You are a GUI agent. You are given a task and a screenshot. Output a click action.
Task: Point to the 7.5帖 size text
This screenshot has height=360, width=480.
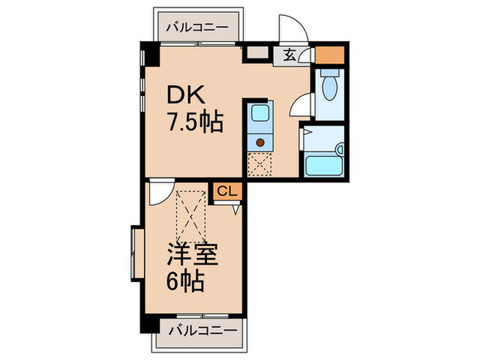(194, 123)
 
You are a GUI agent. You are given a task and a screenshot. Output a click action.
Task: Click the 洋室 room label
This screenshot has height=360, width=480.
(193, 254)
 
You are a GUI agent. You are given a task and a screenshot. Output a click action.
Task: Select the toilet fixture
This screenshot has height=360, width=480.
(329, 86)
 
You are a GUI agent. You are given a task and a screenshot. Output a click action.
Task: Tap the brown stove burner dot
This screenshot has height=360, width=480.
(261, 143)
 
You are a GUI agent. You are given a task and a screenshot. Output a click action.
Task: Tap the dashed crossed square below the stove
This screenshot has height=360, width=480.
(260, 164)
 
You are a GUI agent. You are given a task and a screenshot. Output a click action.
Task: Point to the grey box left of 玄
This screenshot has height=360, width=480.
(259, 53)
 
